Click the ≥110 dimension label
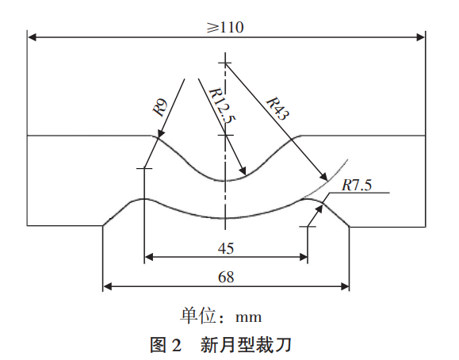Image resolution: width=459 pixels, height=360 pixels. [225, 27]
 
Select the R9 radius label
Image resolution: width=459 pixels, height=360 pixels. [160, 108]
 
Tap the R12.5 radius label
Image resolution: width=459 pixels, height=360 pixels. [222, 105]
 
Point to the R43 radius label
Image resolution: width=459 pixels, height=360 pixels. [277, 109]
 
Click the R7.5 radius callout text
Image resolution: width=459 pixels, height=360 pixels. [357, 185]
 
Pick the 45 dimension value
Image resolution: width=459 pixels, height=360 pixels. [226, 248]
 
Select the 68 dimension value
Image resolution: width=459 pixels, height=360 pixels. [226, 277]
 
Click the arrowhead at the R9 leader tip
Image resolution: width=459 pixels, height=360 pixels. [160, 133]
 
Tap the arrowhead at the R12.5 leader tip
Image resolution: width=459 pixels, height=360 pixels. [243, 171]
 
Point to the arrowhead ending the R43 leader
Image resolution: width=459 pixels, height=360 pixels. [323, 177]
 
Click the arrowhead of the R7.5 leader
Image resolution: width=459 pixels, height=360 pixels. [319, 209]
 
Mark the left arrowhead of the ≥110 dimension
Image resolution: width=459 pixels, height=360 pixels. [32, 37]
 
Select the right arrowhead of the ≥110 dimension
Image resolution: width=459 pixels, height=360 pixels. [421, 37]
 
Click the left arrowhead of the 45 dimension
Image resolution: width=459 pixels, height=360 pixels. [149, 258]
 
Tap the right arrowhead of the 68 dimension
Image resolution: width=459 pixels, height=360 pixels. [345, 286]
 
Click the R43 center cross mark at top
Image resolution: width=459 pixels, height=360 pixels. [225, 63]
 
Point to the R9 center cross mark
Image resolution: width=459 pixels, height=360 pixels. [144, 168]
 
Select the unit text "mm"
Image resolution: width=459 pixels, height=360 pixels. [249, 317]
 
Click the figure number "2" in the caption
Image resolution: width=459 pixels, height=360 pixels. [175, 345]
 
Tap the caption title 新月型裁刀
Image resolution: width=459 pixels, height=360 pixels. [246, 345]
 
